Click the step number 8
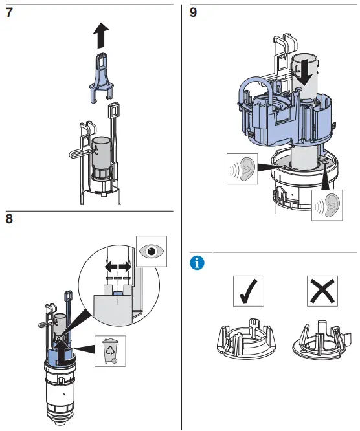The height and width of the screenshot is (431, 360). click(9, 219)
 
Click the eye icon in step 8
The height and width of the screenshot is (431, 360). click(152, 252)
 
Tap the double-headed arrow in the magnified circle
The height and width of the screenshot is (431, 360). click(119, 266)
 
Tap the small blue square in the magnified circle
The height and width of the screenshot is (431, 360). click(117, 294)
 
